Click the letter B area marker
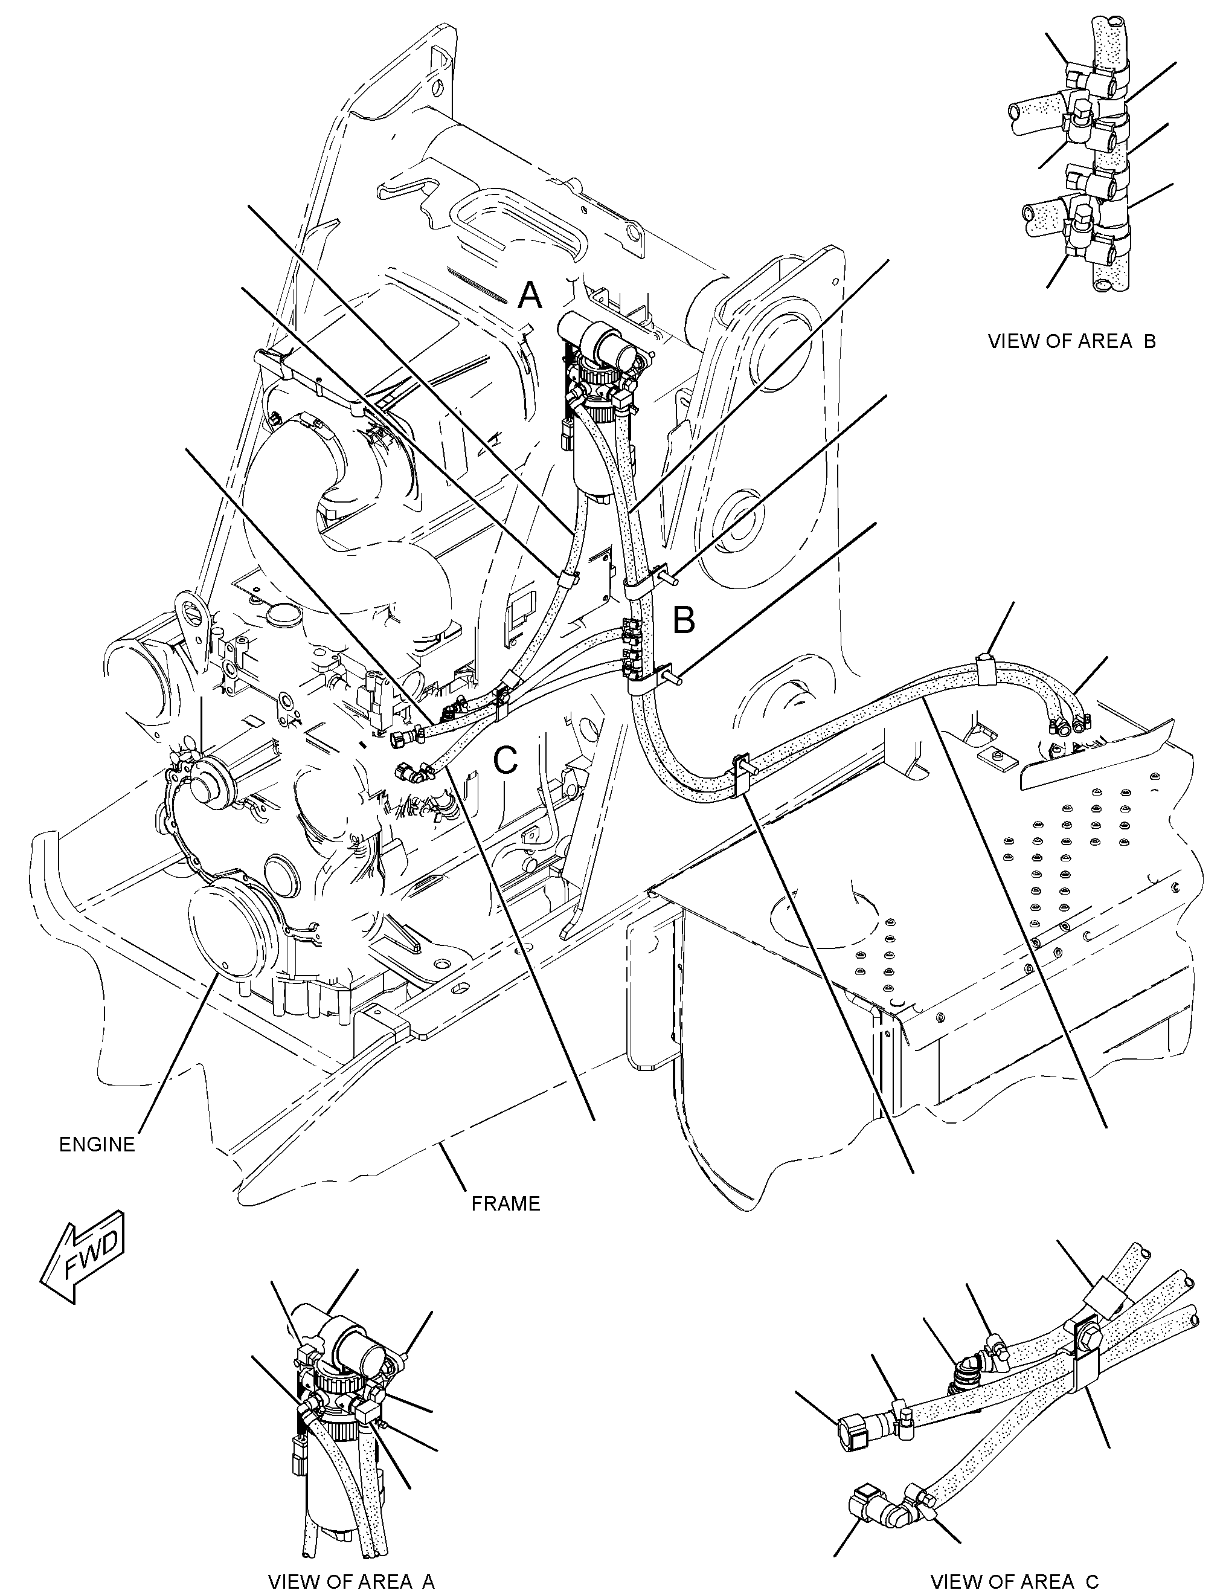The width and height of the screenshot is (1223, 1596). pos(684,620)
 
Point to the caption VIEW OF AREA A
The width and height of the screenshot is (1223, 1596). pos(351,1575)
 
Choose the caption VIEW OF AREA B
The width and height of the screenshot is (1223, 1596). pos(1071,341)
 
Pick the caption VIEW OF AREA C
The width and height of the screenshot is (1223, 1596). pos(1015,1575)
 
